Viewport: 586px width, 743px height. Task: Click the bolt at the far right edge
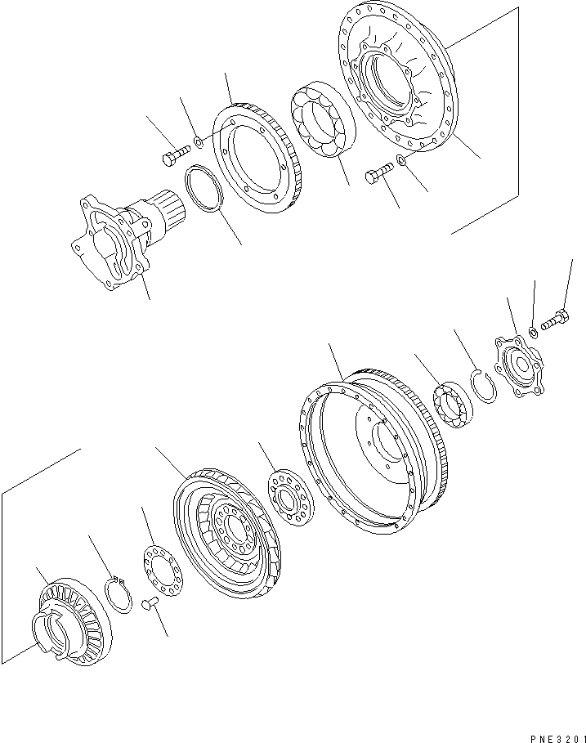coord(554,320)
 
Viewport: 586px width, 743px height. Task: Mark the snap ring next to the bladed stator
coord(120,593)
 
